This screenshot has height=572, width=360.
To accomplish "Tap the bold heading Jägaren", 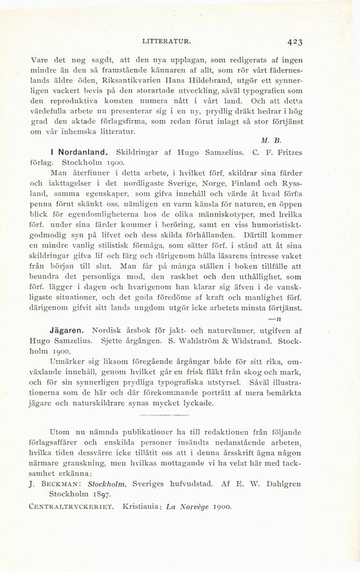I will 66,329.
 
